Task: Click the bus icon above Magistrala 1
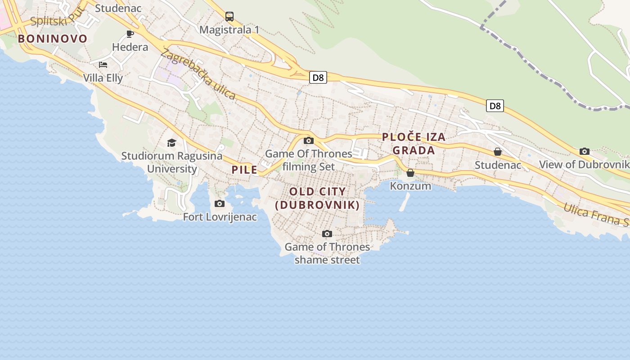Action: (229, 17)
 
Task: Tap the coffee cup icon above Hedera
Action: (130, 34)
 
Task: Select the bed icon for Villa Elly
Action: (103, 64)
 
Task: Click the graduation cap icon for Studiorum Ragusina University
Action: (171, 143)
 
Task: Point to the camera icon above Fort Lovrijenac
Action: (220, 203)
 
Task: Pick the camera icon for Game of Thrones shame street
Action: (327, 234)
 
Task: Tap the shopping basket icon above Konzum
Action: (410, 172)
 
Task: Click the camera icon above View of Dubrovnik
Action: (585, 151)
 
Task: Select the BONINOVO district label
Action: (53, 39)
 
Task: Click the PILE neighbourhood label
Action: (245, 170)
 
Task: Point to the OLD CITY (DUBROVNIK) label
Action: (318, 198)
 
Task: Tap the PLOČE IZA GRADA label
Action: (414, 144)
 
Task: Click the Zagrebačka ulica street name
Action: (198, 74)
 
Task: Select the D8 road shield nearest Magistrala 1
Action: (318, 77)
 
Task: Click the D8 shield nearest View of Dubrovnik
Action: (495, 106)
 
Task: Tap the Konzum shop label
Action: (410, 186)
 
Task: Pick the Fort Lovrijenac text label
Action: (220, 217)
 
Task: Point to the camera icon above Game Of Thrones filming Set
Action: (308, 140)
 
